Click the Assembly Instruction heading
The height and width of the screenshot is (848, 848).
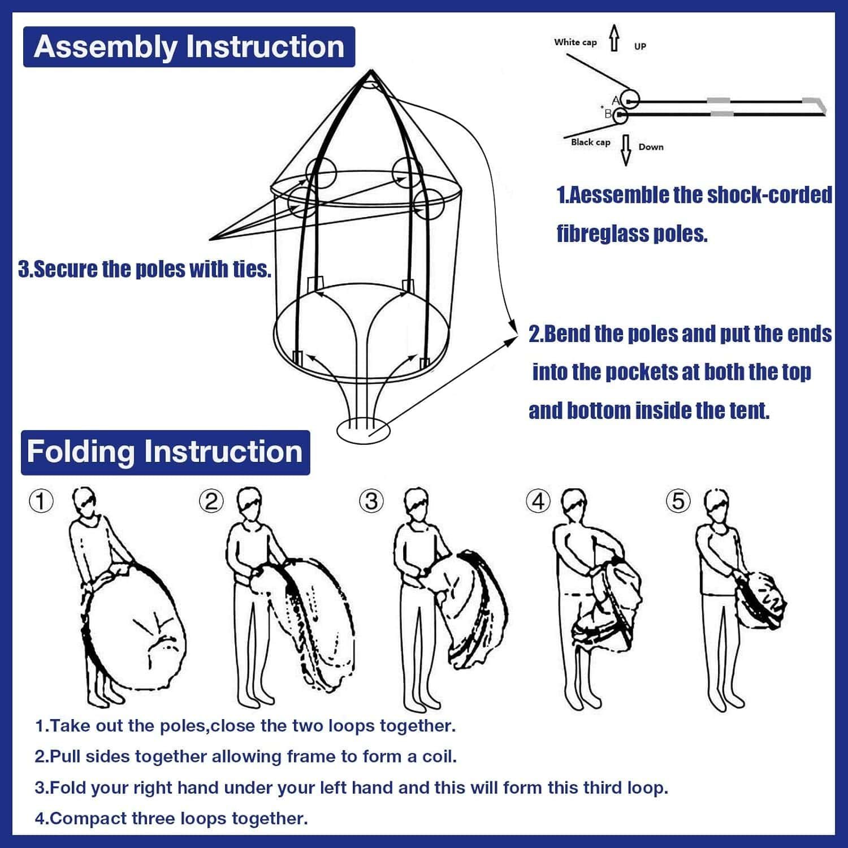[x=189, y=47]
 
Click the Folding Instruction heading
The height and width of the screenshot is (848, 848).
[x=165, y=452]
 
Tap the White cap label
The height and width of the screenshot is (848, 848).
[x=575, y=42]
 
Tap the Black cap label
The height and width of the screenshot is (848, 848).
[x=590, y=142]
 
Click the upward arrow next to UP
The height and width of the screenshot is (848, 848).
[x=614, y=38]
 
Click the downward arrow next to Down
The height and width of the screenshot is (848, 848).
[x=626, y=150]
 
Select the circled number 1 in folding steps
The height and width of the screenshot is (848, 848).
[x=41, y=501]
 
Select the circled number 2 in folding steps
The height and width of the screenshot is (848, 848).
[x=211, y=501]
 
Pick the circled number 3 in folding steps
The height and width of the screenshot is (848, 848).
[x=371, y=501]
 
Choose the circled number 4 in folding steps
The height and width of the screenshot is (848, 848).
[x=538, y=501]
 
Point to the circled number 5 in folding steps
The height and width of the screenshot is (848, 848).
[x=678, y=501]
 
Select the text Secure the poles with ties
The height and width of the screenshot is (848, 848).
[x=145, y=270]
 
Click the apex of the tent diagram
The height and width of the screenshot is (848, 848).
[x=371, y=72]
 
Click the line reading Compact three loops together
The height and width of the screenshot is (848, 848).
[x=171, y=818]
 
